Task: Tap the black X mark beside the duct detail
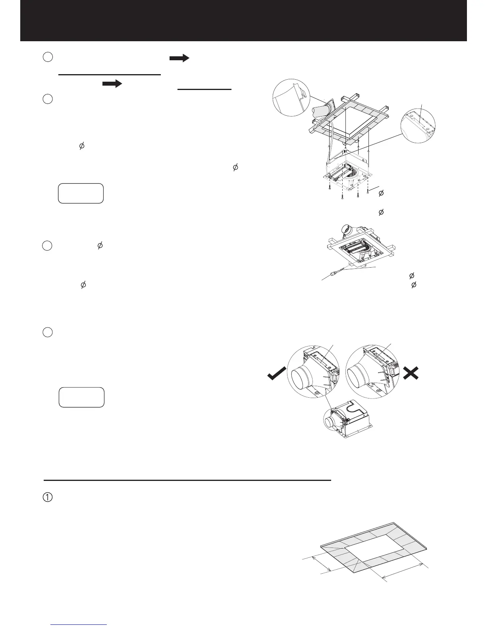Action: pyautogui.click(x=411, y=373)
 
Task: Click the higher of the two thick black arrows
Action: pyautogui.click(x=179, y=59)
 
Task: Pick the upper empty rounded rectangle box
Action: pyautogui.click(x=81, y=193)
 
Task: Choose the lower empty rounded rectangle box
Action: pyautogui.click(x=81, y=397)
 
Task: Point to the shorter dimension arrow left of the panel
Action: pyautogui.click(x=322, y=563)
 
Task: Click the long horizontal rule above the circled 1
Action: pyautogui.click(x=187, y=480)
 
